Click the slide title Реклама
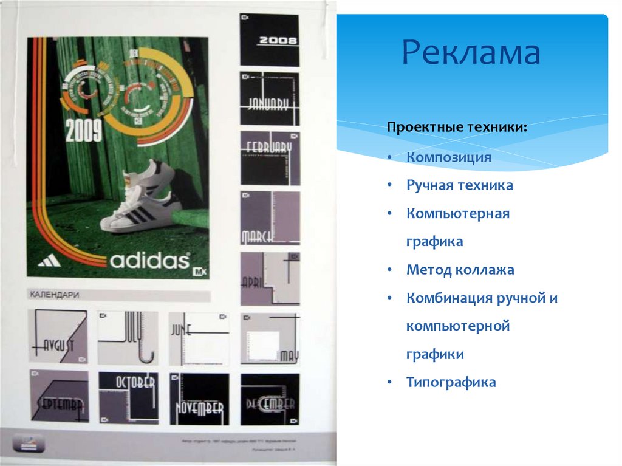tap(471, 53)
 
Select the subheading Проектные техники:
tap(457, 128)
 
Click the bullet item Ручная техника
tap(460, 185)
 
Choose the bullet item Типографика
tap(451, 382)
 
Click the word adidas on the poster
tap(149, 260)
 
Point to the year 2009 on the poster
tap(84, 131)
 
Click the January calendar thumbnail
tap(270, 98)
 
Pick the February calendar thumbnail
tap(270, 158)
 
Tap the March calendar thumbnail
tap(270, 218)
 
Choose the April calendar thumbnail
tap(270, 278)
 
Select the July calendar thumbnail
tap(128, 338)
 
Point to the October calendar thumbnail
tap(128, 397)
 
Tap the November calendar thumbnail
tap(199, 398)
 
